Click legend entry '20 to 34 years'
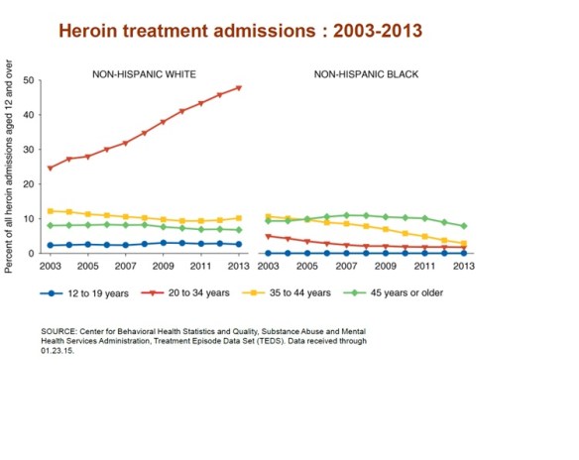203,293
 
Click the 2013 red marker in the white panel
239,87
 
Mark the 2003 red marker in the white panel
51,168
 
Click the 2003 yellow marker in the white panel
51,211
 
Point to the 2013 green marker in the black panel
463,226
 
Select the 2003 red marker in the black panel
269,236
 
